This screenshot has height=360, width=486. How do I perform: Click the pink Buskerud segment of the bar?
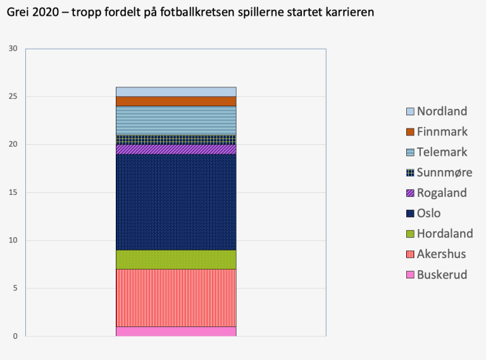[x=176, y=331]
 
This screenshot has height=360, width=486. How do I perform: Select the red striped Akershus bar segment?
[x=176, y=297]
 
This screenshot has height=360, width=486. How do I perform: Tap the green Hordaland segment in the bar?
[x=176, y=259]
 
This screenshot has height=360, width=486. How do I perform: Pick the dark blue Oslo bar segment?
[x=176, y=202]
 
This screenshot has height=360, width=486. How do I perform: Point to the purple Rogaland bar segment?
[x=176, y=149]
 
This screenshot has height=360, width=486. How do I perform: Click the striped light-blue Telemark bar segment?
[x=176, y=120]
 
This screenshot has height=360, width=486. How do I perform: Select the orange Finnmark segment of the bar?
[x=176, y=101]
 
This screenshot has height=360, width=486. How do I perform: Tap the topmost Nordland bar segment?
[x=176, y=92]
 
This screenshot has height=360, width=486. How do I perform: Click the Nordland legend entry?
[x=442, y=111]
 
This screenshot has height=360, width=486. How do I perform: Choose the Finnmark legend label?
[x=442, y=132]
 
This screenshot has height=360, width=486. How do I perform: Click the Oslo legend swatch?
[x=410, y=214]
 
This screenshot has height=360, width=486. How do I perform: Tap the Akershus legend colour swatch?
[x=410, y=254]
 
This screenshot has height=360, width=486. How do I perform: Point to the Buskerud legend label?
[x=442, y=275]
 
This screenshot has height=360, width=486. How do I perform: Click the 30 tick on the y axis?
[x=13, y=49]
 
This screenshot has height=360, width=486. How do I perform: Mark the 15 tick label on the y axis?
[x=13, y=192]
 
